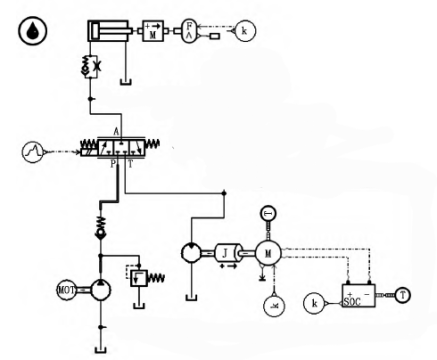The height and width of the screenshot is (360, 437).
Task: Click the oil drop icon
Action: tap(32, 32)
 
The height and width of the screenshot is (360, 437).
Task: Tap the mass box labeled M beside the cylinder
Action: tap(154, 30)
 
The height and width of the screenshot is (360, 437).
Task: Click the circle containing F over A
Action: tap(191, 30)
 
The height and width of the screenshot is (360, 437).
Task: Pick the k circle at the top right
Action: tap(245, 31)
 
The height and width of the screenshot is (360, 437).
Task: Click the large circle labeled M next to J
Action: tap(267, 253)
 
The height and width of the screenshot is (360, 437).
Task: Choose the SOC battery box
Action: tap(358, 297)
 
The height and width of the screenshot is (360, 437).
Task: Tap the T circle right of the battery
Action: tap(403, 295)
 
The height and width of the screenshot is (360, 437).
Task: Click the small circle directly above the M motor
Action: tap(267, 213)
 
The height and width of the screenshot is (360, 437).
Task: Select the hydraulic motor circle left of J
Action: tap(193, 253)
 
